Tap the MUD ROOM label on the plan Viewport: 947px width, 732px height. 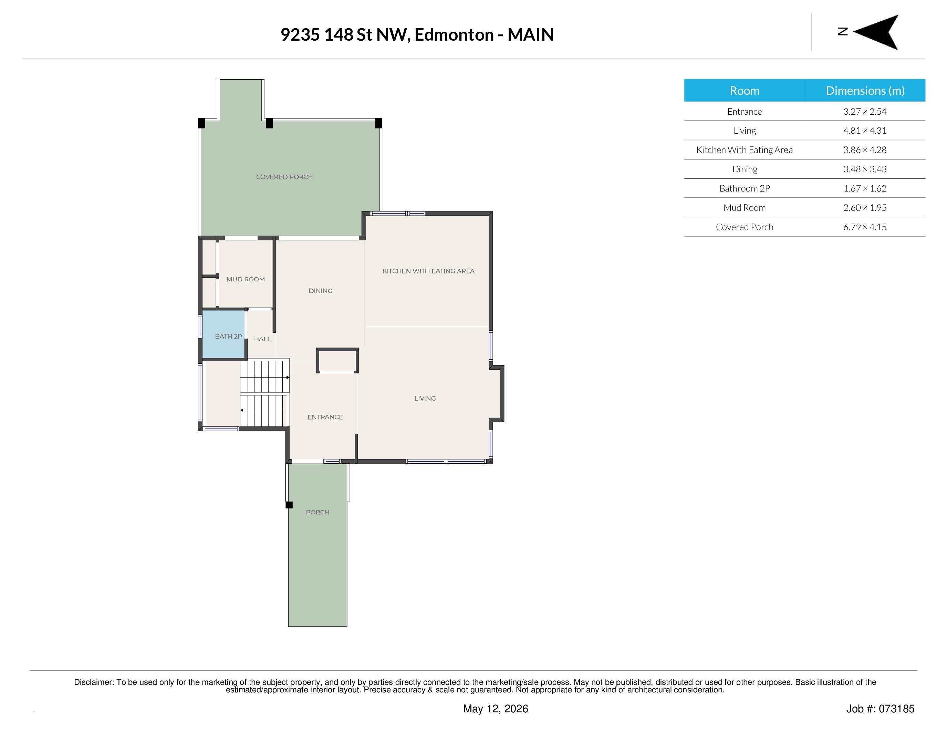[x=246, y=279]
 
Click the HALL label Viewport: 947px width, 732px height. [x=262, y=339]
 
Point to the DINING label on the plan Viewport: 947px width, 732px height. [x=321, y=291]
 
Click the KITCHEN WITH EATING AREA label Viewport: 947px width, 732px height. [x=428, y=271]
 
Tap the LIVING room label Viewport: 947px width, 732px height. [x=425, y=398]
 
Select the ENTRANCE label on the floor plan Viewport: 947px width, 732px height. [x=325, y=417]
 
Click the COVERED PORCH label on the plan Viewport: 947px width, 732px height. [x=284, y=177]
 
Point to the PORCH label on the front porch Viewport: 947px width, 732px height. [x=318, y=512]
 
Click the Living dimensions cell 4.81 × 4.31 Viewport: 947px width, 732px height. [x=865, y=131]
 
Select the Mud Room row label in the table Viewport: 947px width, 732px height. [x=745, y=208]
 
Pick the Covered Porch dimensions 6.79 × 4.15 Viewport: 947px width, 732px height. [x=865, y=227]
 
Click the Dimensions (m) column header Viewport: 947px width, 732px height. [x=865, y=91]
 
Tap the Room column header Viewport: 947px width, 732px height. [x=745, y=91]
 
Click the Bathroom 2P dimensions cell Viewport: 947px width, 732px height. [x=865, y=188]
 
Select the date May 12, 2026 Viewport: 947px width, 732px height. [x=496, y=709]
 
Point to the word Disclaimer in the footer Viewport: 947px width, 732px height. [x=94, y=682]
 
